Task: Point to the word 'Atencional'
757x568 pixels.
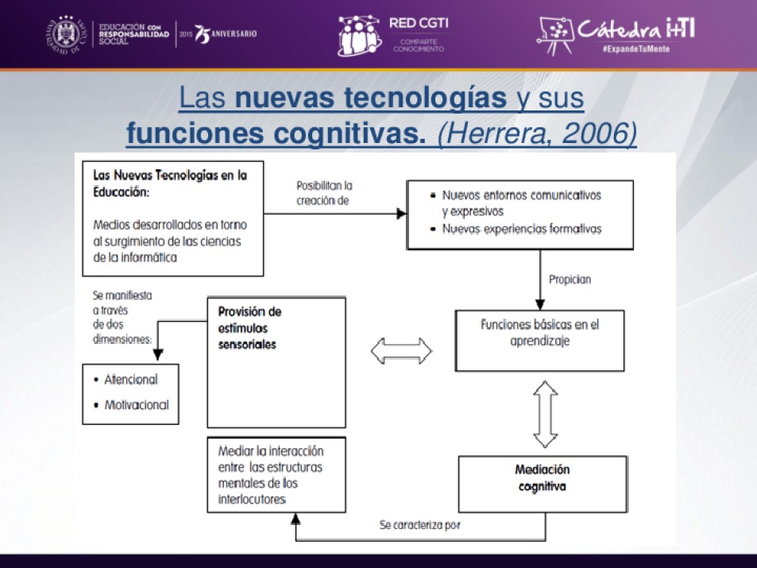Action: (x=130, y=380)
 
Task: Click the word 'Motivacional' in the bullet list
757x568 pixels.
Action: (x=136, y=405)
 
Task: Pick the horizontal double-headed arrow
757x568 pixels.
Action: (x=401, y=350)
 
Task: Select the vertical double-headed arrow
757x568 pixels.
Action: (x=545, y=413)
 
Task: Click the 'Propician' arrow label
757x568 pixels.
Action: (x=570, y=280)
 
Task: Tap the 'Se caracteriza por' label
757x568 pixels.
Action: (x=419, y=525)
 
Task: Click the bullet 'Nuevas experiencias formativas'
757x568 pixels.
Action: (x=521, y=229)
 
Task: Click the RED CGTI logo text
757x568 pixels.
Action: (x=419, y=24)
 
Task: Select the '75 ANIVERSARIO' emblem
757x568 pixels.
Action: (x=226, y=35)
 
